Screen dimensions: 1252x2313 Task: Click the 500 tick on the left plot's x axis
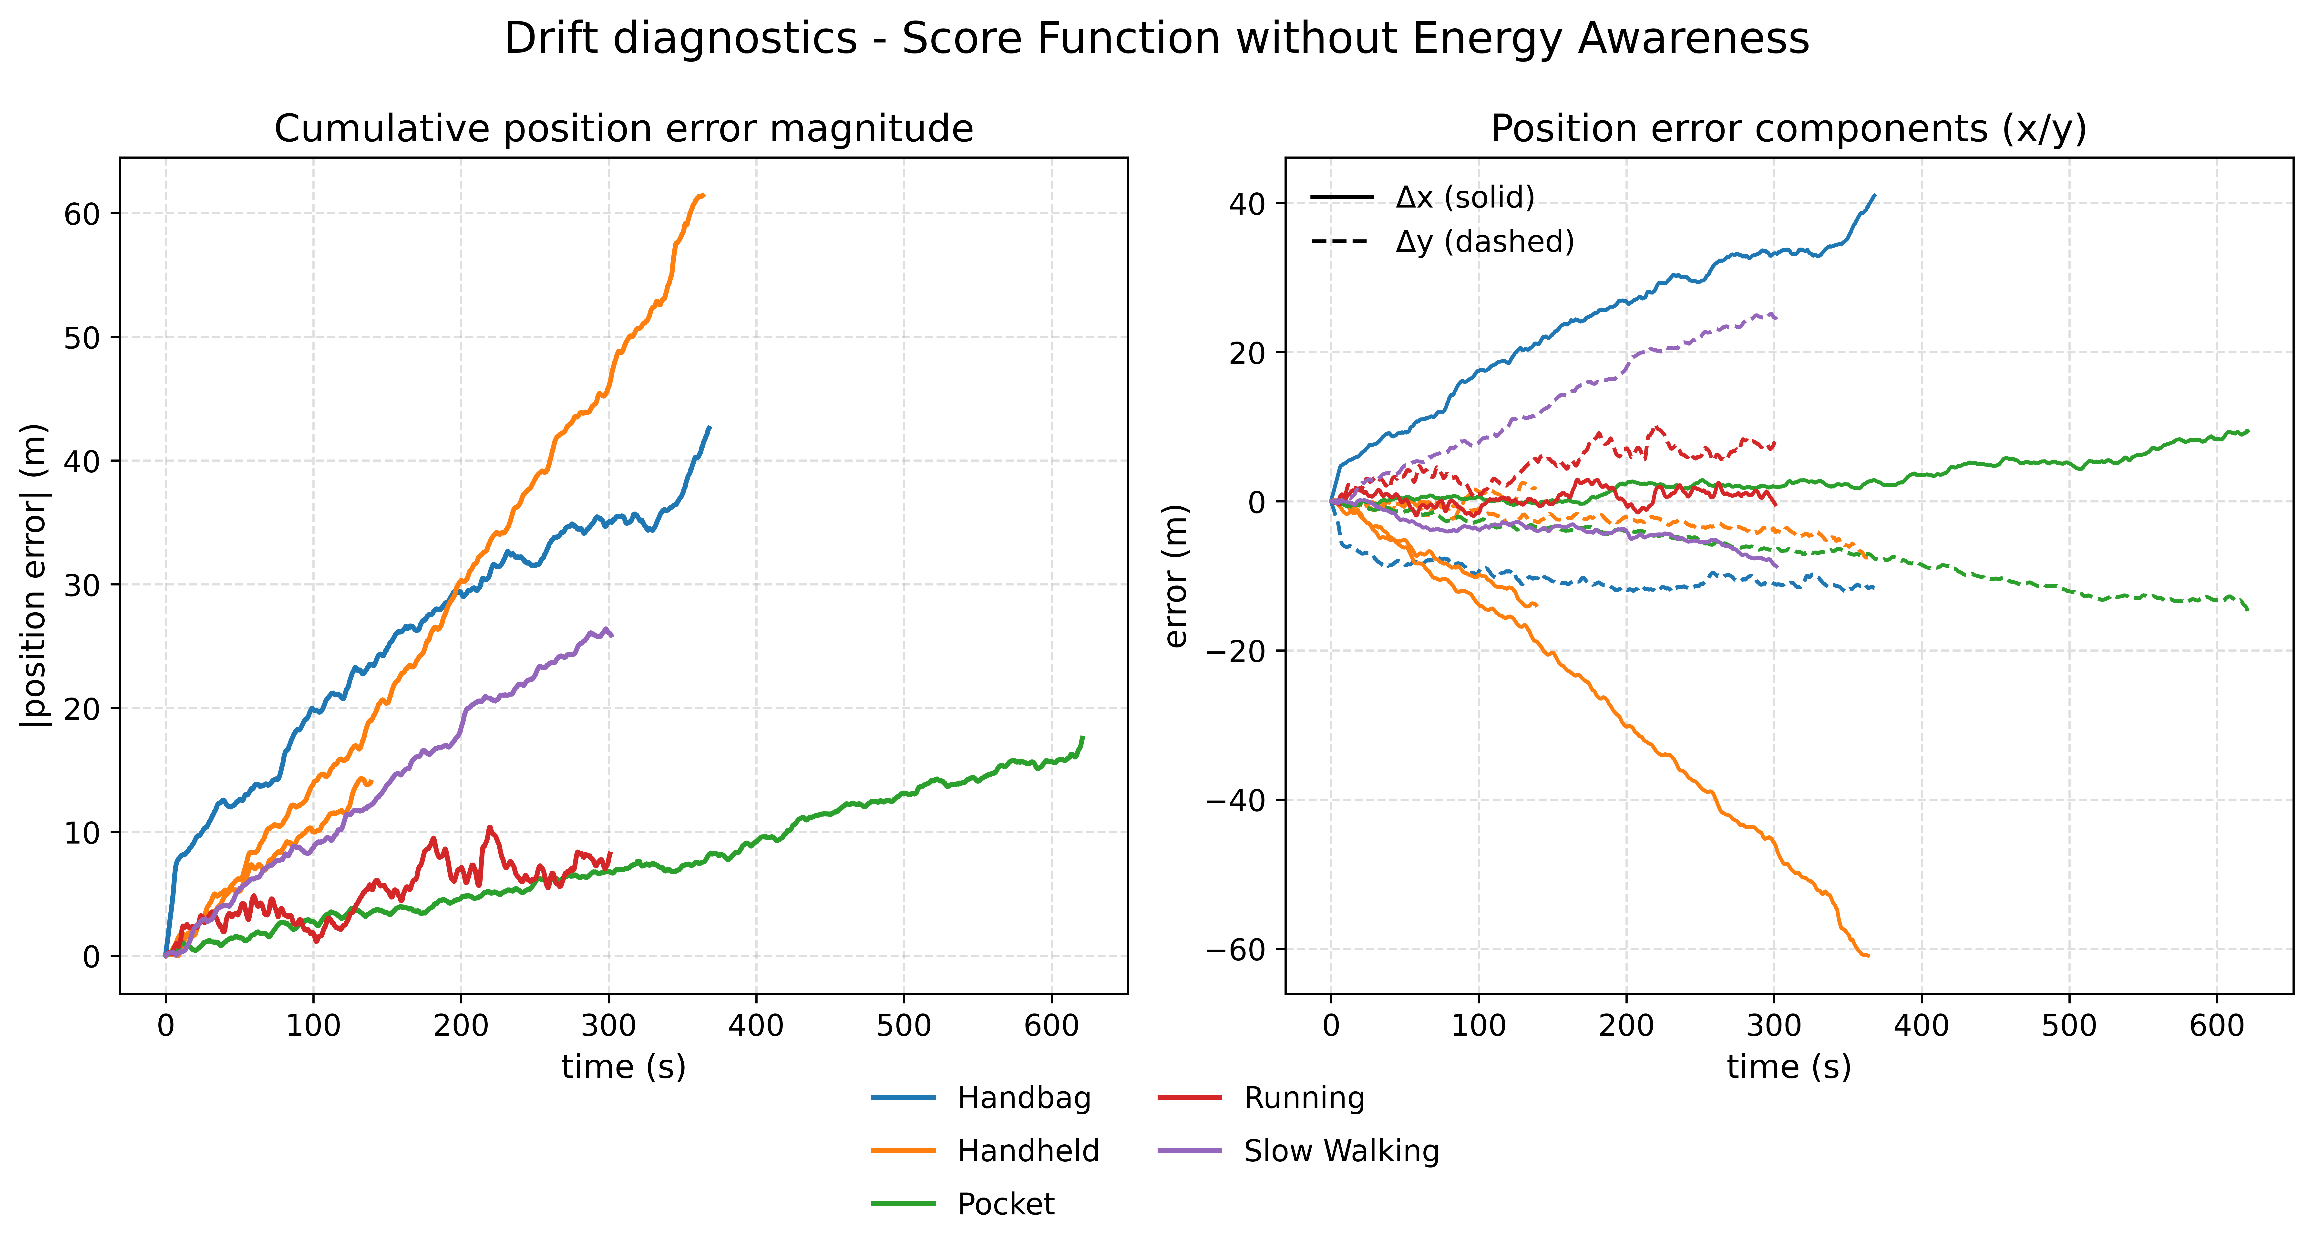point(903,1025)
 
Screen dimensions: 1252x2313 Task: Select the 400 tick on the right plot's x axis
point(1922,1025)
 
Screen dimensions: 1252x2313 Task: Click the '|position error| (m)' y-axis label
point(34,575)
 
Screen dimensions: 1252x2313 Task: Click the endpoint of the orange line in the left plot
point(703,195)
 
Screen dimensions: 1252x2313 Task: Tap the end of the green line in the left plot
point(1083,737)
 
